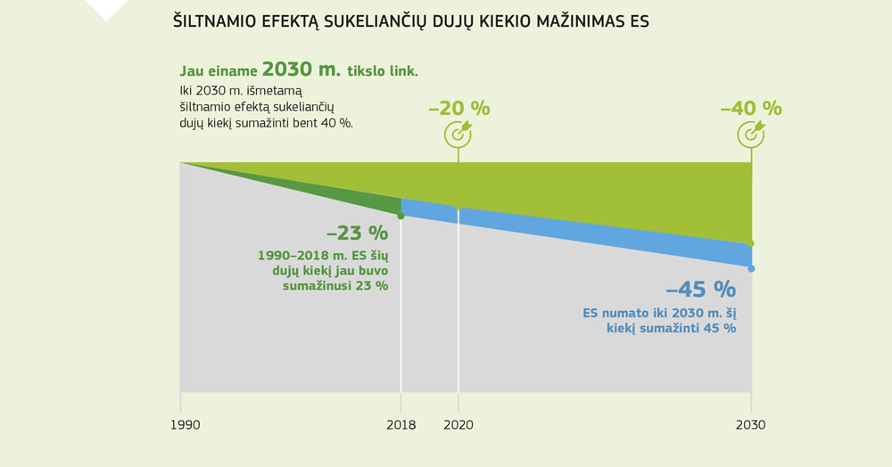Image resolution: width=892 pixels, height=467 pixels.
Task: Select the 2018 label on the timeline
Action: pyautogui.click(x=401, y=425)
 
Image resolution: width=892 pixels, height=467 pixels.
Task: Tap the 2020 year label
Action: pyautogui.click(x=458, y=425)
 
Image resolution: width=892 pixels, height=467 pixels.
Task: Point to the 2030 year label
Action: pyautogui.click(x=750, y=425)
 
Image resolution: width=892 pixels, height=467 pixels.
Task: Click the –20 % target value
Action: pyautogui.click(x=459, y=109)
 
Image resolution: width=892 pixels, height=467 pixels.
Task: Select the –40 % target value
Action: pyautogui.click(x=751, y=109)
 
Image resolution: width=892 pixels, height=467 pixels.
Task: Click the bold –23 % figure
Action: pyautogui.click(x=357, y=233)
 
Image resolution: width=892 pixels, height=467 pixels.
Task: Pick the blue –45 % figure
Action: pyautogui.click(x=700, y=290)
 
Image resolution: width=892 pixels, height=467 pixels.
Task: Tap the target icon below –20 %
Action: pyautogui.click(x=458, y=134)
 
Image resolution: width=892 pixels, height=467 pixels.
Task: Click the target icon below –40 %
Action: pyautogui.click(x=751, y=134)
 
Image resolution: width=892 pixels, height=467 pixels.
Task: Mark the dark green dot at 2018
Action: pyautogui.click(x=401, y=216)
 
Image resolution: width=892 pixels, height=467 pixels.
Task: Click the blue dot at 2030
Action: pyautogui.click(x=751, y=268)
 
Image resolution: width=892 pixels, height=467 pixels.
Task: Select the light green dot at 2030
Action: pyautogui.click(x=751, y=243)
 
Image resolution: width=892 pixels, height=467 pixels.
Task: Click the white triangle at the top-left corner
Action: pyautogui.click(x=106, y=7)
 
